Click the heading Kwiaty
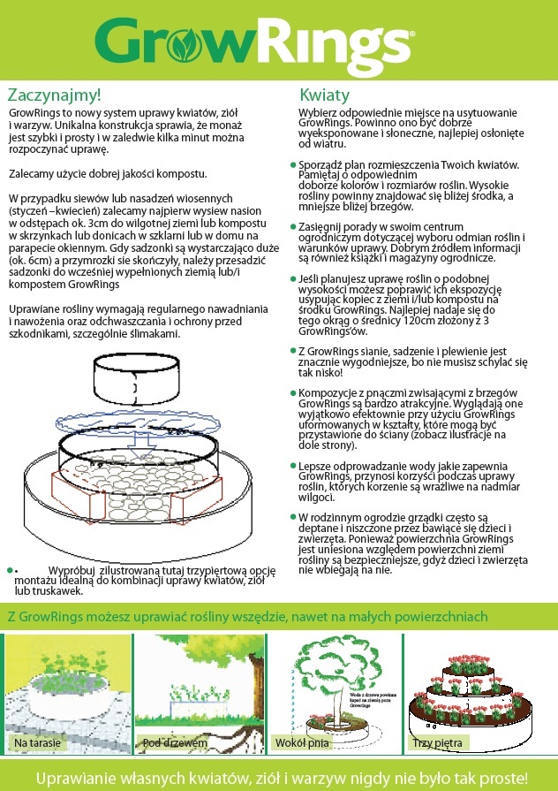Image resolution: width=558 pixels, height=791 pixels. (x=325, y=95)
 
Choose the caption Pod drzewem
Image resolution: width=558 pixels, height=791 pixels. (x=175, y=743)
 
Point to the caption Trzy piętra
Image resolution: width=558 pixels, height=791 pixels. (x=437, y=743)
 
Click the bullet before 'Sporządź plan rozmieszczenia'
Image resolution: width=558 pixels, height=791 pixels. (x=292, y=165)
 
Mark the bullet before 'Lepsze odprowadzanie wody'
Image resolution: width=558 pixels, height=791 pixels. (x=292, y=464)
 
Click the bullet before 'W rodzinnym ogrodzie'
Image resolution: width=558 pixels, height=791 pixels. (x=292, y=515)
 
